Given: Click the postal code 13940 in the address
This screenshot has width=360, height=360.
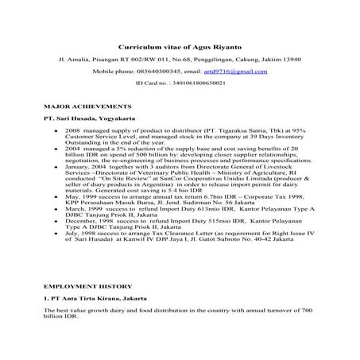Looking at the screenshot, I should pos(284,59).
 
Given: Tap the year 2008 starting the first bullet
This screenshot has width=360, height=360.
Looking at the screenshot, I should pos(75,128).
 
